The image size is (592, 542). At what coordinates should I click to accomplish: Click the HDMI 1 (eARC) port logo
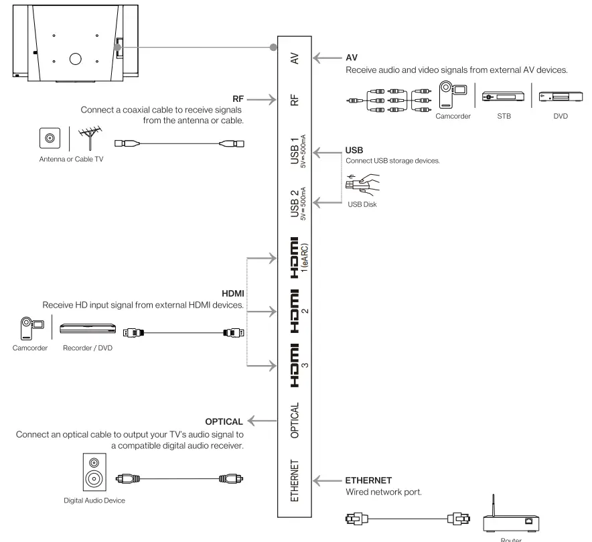click(293, 258)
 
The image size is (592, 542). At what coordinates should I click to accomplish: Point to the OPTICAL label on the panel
click(295, 421)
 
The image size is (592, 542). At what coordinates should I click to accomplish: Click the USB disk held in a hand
click(362, 183)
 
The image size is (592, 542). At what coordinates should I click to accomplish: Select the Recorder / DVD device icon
click(88, 330)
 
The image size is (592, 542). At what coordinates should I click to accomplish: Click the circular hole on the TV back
click(76, 58)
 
